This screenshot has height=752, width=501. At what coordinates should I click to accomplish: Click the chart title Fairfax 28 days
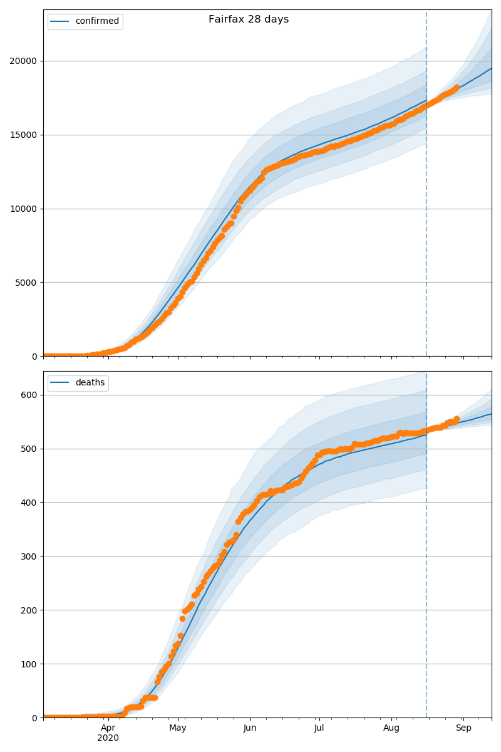(x=249, y=19)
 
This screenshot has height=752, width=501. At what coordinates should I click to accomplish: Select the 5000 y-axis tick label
(x=27, y=282)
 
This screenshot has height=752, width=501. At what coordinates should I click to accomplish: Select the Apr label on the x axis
(x=108, y=728)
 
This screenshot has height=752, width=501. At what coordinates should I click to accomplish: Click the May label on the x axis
(x=178, y=728)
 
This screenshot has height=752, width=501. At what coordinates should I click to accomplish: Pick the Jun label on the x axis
(x=250, y=728)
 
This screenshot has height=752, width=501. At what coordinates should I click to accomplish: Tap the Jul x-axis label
(x=319, y=728)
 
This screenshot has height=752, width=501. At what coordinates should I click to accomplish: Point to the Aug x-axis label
(x=391, y=728)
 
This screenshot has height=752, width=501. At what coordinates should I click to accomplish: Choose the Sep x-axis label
(x=463, y=728)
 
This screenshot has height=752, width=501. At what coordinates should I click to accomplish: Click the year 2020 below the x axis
(x=108, y=738)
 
